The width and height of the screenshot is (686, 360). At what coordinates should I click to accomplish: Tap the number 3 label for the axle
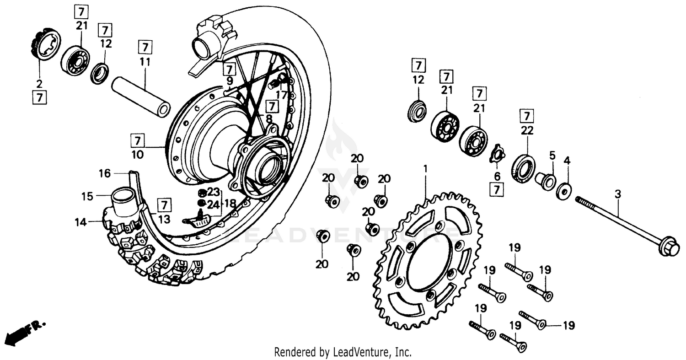coord(618,194)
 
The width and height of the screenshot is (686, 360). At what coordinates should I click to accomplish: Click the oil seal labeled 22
coord(523,169)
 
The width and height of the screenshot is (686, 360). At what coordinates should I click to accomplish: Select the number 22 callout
coord(527,130)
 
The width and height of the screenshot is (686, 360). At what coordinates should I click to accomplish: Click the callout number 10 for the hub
coord(137,155)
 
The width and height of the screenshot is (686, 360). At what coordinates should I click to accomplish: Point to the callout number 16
coord(105,173)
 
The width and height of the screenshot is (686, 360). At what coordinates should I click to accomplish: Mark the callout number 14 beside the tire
coord(81,223)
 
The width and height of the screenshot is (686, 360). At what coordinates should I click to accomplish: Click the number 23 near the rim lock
coord(214,192)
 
